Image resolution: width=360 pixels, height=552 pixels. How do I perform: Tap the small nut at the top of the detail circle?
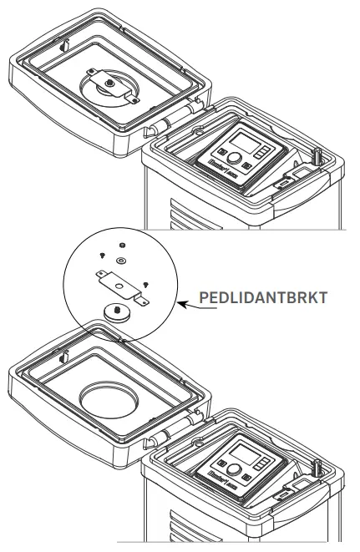click(122, 246)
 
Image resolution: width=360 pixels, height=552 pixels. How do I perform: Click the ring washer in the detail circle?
click(120, 261)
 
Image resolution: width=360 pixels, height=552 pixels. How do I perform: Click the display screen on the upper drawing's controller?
click(244, 141)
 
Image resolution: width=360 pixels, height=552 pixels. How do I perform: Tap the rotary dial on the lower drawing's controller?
click(236, 468)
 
